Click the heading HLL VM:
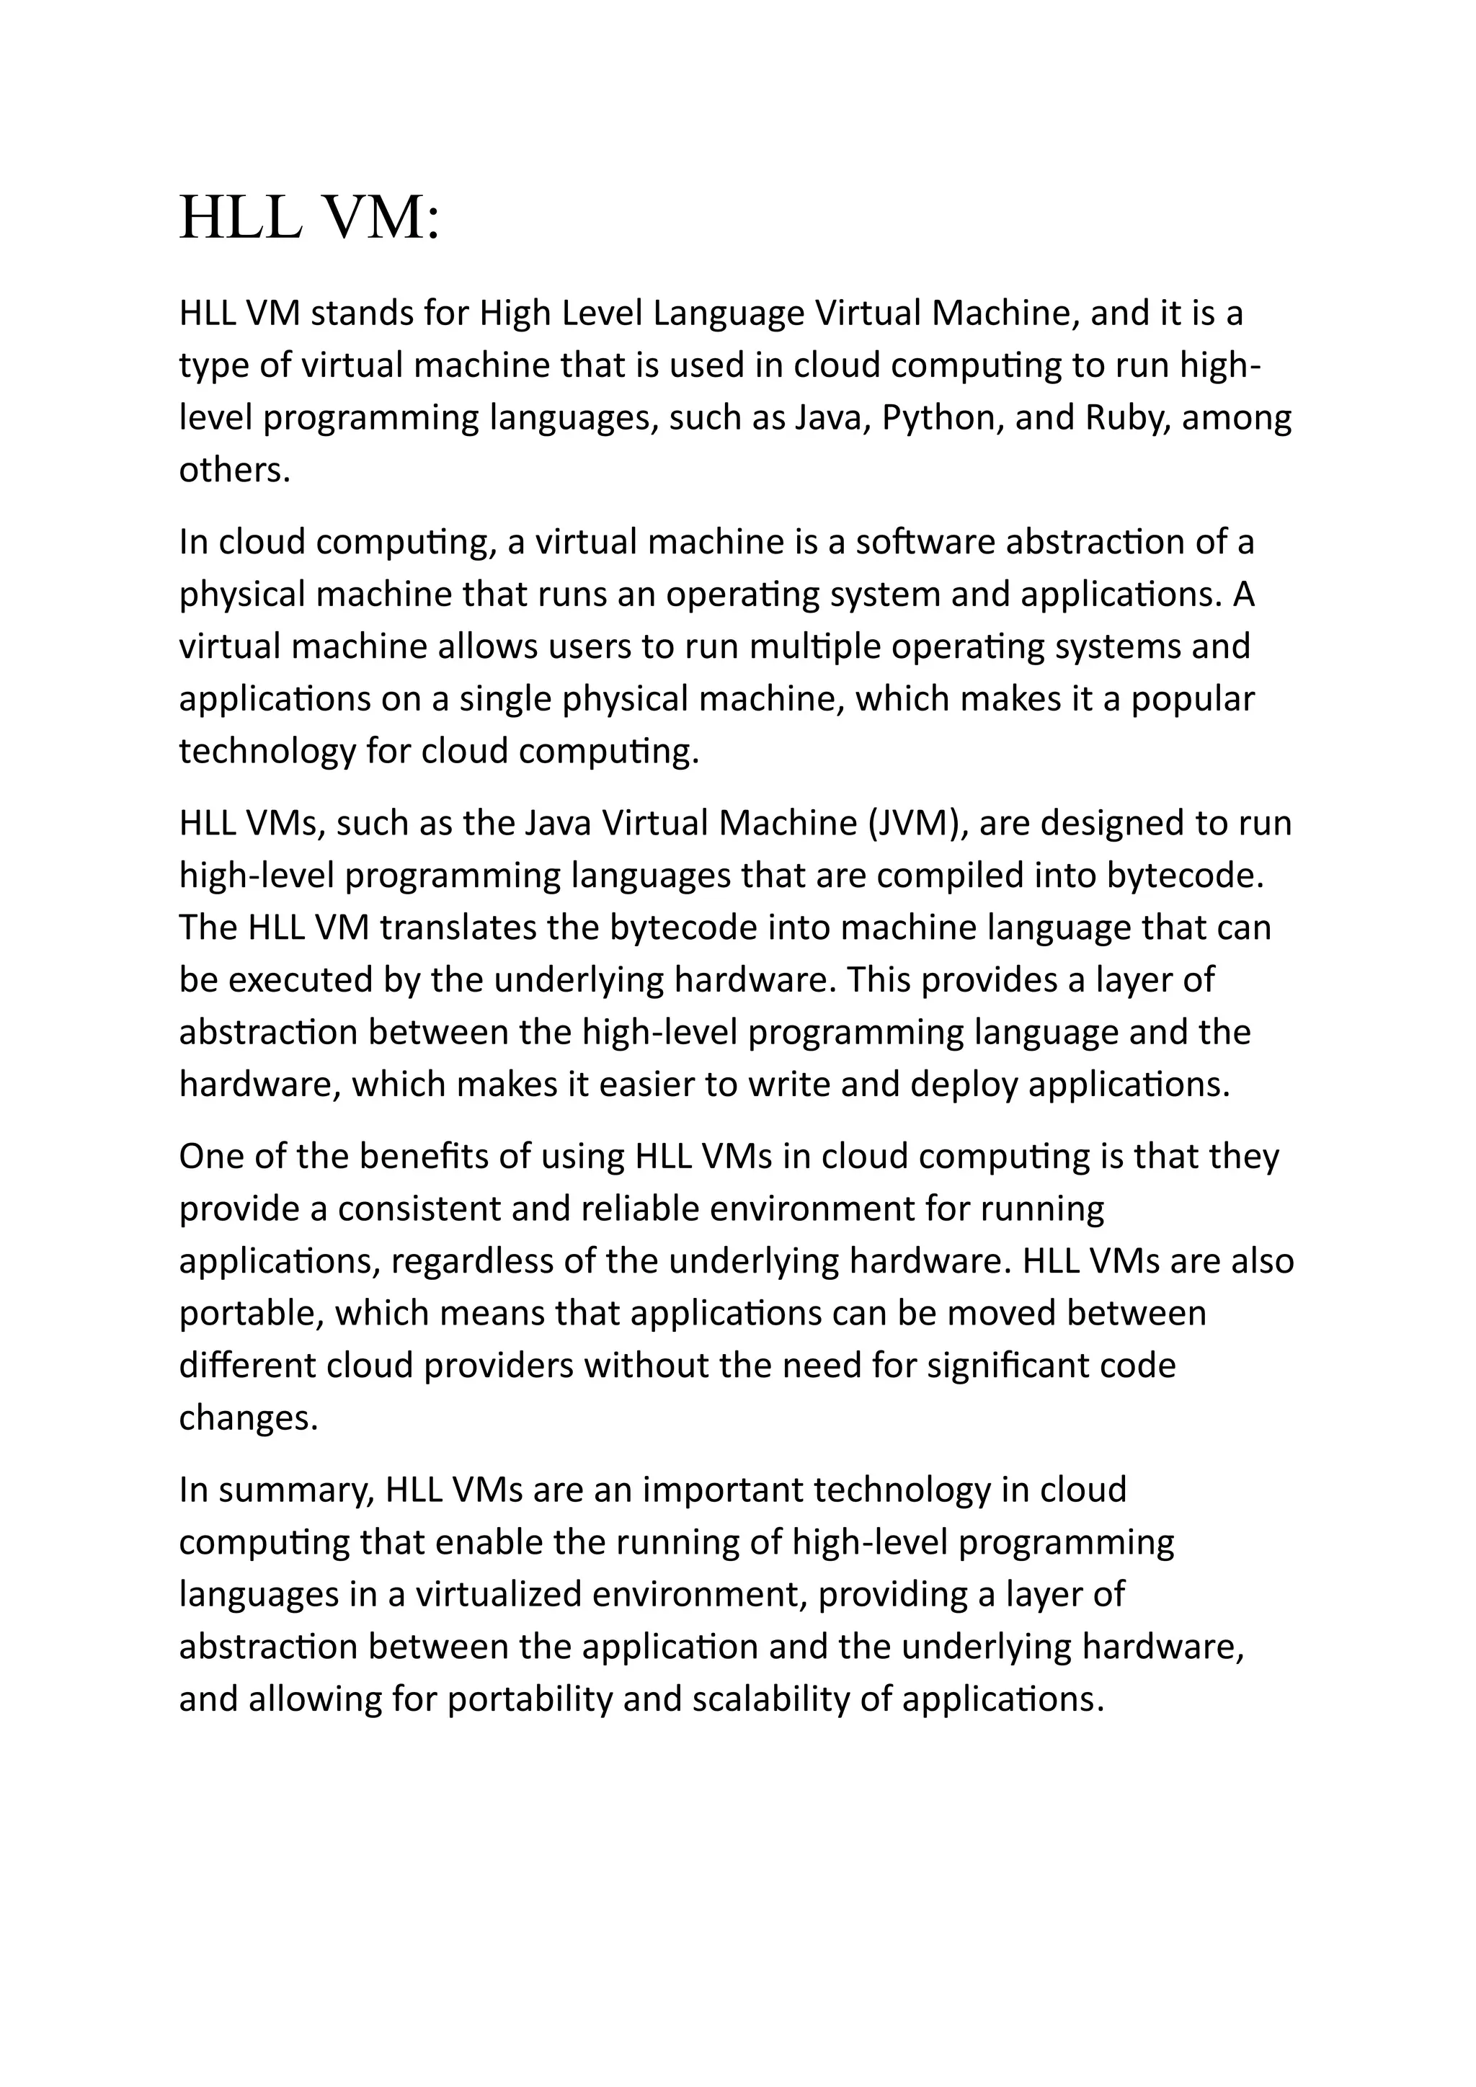[x=310, y=218]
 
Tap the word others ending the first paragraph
[x=234, y=470]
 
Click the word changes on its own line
[x=247, y=1418]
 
